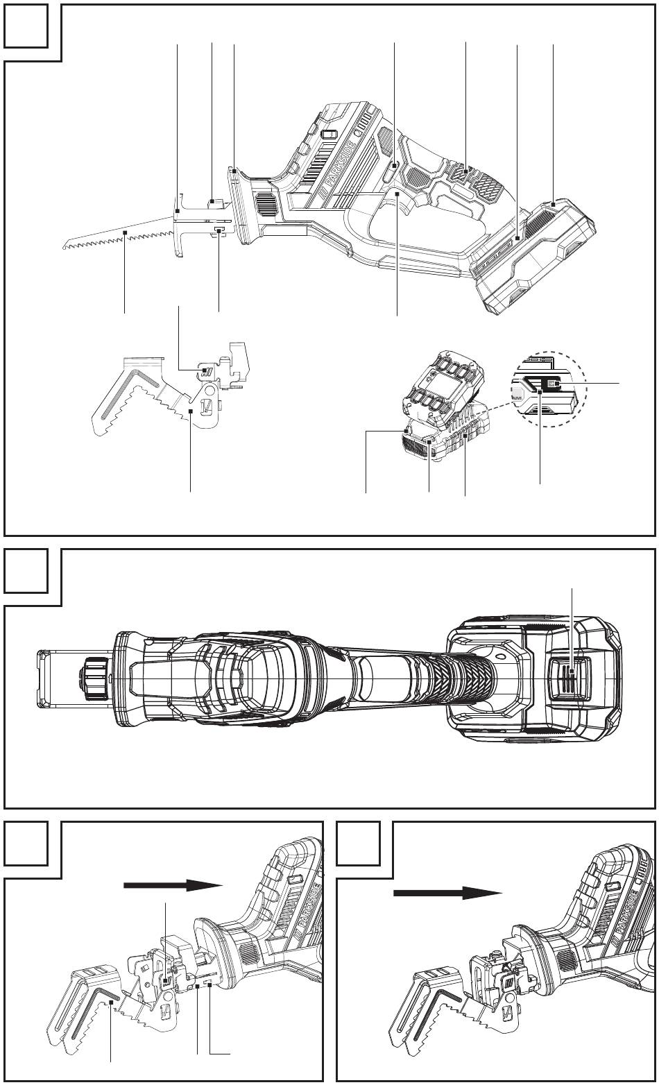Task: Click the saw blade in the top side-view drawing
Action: [119, 234]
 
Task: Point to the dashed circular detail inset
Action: [548, 388]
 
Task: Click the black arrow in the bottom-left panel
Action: [173, 885]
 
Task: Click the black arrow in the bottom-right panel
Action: [447, 893]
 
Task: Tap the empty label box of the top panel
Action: [26, 26]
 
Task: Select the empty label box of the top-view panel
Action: [26, 570]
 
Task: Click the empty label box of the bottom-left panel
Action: [26, 844]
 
